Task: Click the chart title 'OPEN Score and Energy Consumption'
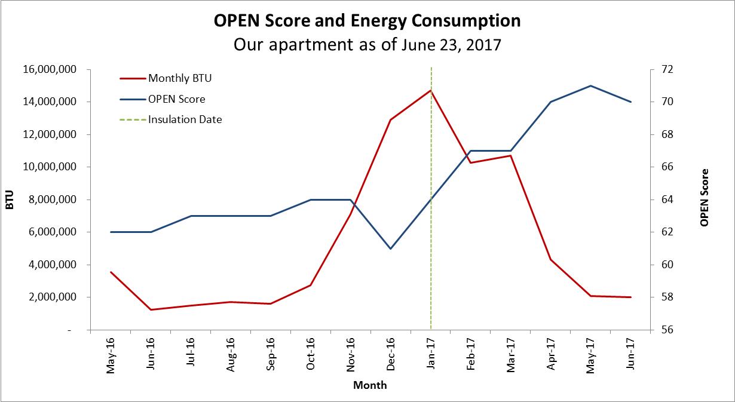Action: click(367, 21)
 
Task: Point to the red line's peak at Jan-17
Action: click(431, 90)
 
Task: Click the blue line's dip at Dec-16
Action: click(391, 248)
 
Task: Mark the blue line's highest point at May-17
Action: click(590, 85)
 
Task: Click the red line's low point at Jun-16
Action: click(151, 309)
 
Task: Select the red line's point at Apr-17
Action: click(550, 260)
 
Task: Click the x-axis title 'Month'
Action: click(370, 385)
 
